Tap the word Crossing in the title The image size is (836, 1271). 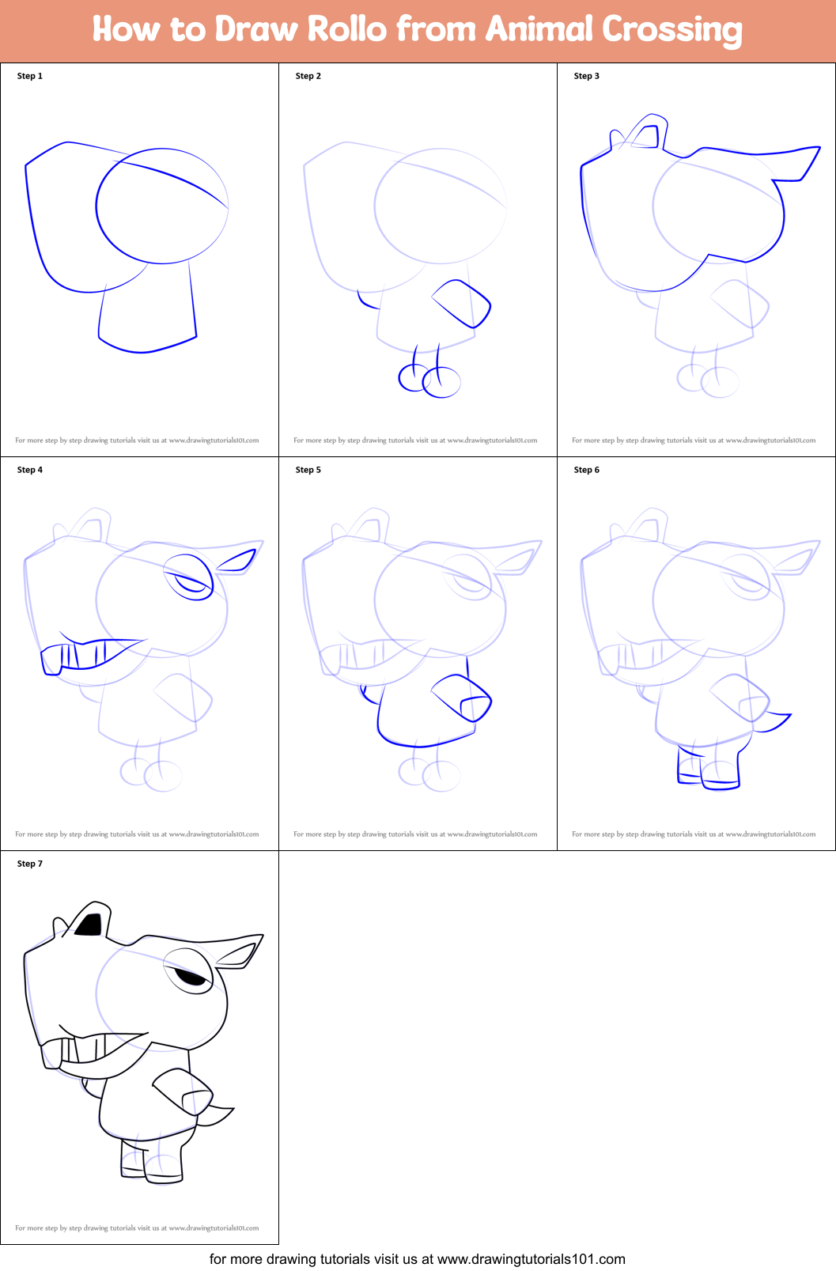(672, 30)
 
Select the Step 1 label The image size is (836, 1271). (30, 76)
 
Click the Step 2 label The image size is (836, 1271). (308, 76)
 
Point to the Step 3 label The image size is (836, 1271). (587, 76)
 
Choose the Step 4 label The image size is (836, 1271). (30, 470)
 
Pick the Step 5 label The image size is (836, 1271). (308, 470)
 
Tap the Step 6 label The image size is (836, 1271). (587, 470)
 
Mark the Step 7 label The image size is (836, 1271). (30, 864)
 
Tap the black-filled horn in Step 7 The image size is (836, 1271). (90, 925)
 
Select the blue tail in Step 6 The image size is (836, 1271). (774, 721)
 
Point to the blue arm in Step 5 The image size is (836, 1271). (463, 698)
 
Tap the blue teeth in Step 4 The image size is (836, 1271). (75, 656)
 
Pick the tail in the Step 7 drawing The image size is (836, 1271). (215, 1116)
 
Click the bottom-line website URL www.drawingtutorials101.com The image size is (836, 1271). (531, 1259)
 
